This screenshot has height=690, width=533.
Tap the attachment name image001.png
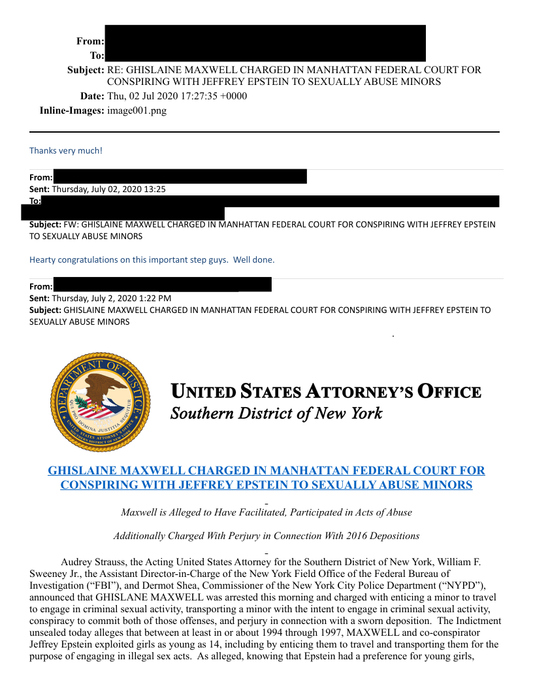coord(137,110)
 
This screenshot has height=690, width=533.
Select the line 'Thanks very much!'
coord(65,151)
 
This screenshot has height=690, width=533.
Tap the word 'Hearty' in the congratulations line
coord(42,259)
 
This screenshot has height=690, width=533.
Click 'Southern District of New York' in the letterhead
coord(276,414)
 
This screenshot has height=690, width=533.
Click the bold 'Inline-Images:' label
coord(72,110)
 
